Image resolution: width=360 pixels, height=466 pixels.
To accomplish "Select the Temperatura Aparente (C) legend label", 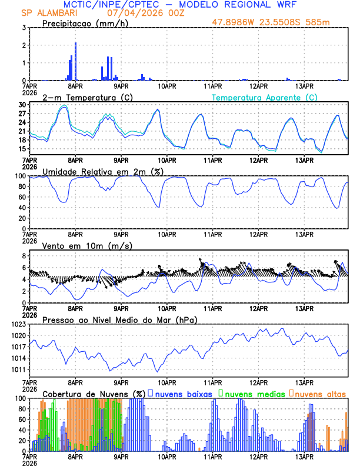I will (264, 97).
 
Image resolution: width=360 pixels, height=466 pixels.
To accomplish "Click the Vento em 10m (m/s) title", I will (79, 245).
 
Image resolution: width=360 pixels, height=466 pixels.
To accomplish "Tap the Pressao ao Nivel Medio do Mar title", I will (119, 319).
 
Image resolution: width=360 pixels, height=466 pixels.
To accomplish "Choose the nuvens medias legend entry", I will (251, 393).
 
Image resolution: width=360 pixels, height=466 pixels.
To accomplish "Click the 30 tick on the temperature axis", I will (22, 105).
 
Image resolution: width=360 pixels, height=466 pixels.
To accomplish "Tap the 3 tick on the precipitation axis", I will (24, 28).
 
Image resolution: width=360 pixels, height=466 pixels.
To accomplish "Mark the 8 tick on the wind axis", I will (24, 257).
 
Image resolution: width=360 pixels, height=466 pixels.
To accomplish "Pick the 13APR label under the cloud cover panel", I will (304, 456).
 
